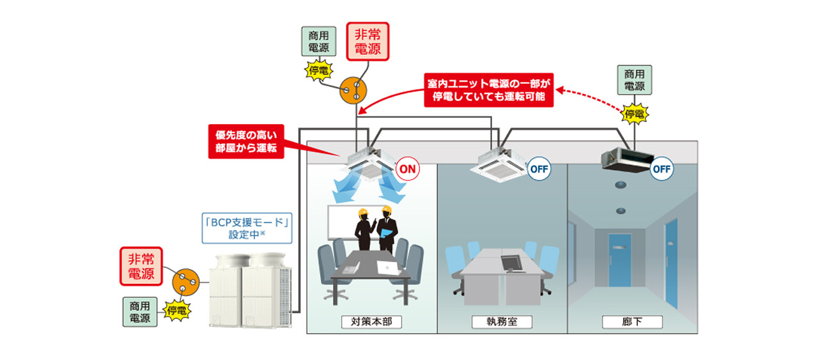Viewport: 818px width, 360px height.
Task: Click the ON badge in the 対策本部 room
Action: (408, 169)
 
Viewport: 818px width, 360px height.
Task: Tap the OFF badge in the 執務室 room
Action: (539, 169)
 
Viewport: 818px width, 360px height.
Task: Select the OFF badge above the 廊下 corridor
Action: (661, 169)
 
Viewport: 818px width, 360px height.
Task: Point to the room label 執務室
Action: (502, 322)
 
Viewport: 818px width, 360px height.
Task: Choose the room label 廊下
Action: (633, 322)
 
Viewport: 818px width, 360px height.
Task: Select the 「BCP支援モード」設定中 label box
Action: (247, 228)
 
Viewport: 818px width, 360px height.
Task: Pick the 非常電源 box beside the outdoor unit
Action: (141, 265)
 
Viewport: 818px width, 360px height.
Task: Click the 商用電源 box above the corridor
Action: (635, 80)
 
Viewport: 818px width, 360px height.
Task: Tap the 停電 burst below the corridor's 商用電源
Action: (634, 114)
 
